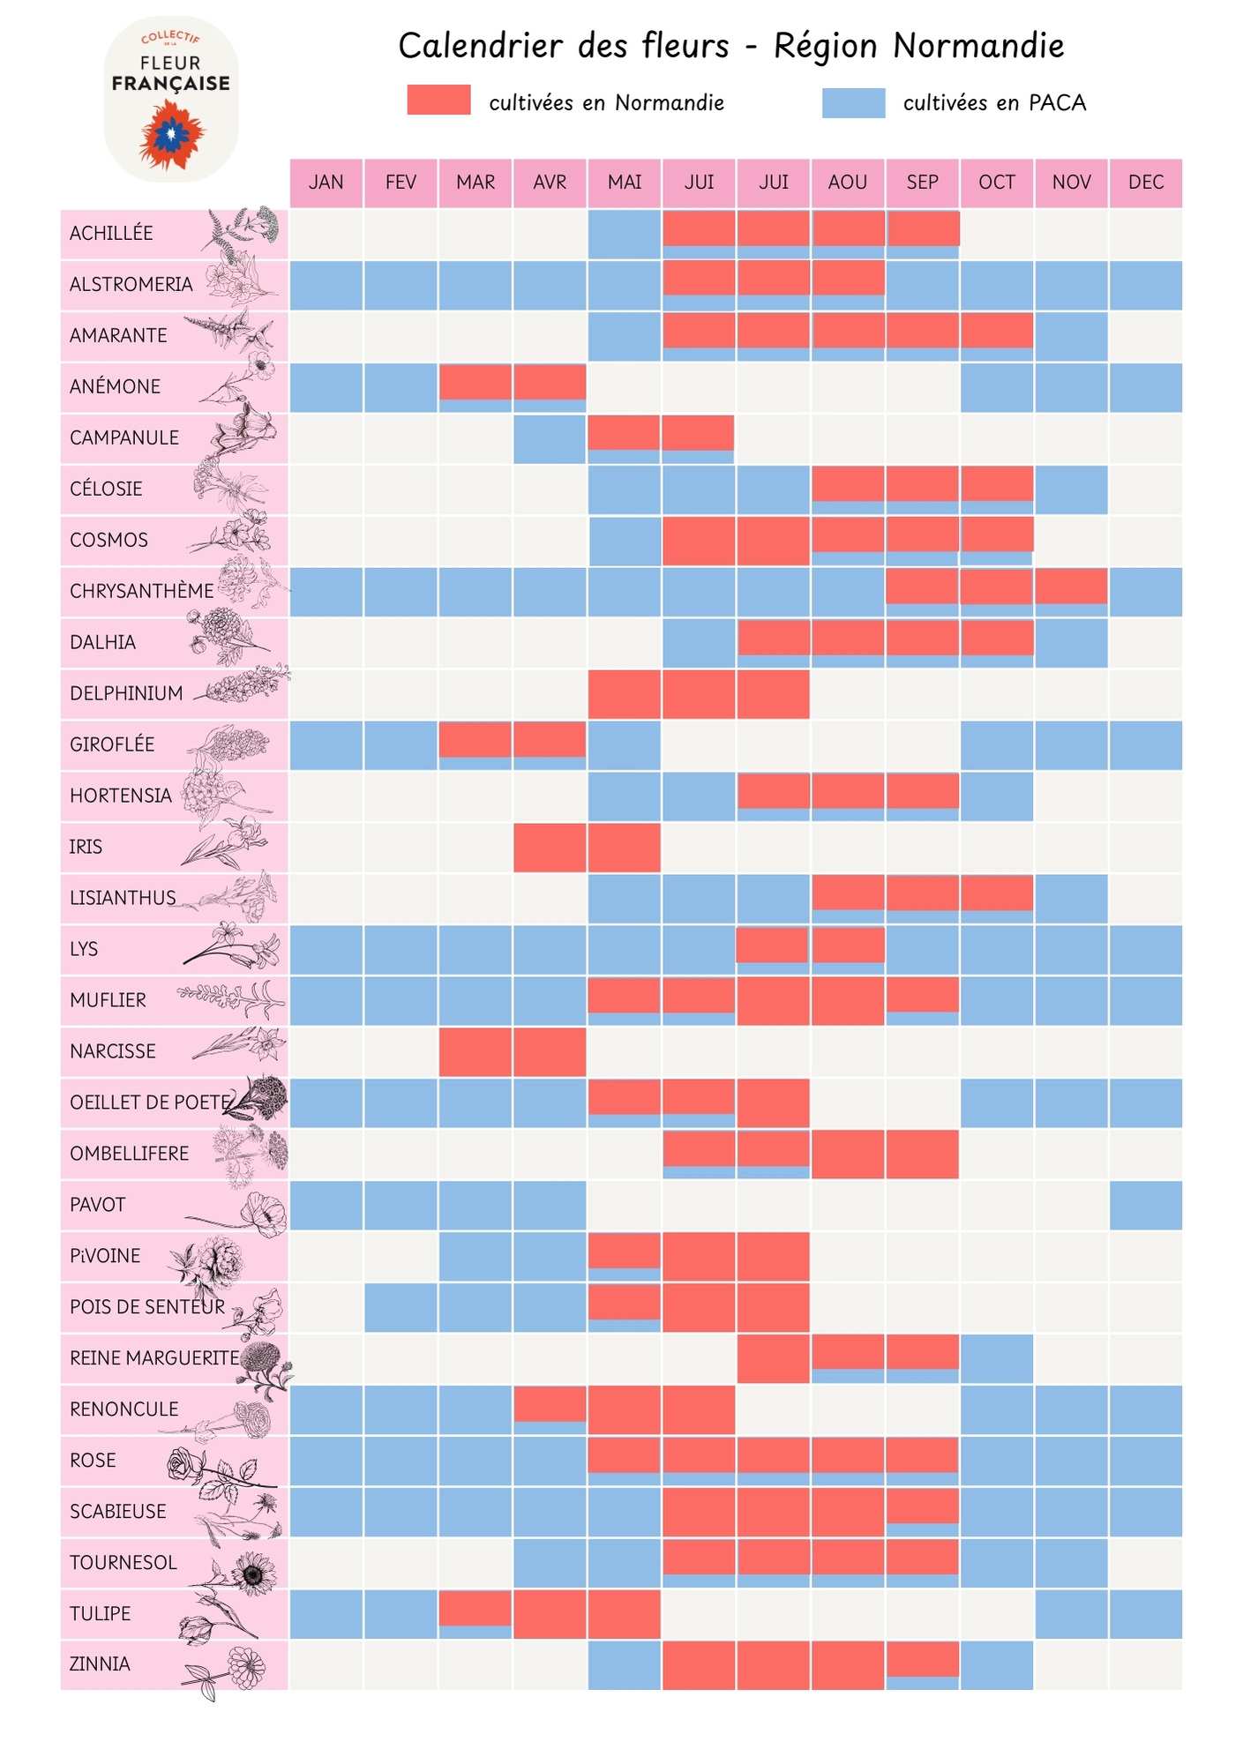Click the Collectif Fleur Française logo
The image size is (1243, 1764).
(x=171, y=99)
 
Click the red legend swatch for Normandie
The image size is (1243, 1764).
(x=438, y=100)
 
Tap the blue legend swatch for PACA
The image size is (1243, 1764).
(x=853, y=103)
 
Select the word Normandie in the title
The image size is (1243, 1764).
(x=979, y=46)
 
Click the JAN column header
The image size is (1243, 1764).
(x=326, y=183)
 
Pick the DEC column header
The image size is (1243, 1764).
(x=1145, y=183)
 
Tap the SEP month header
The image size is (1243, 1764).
(x=922, y=183)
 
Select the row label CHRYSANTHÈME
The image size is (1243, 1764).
(x=141, y=591)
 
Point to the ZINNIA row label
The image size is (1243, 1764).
(x=100, y=1664)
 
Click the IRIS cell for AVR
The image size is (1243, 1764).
(x=550, y=848)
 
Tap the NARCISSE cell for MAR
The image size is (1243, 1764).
(x=475, y=1051)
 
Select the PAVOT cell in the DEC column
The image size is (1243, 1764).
(x=1145, y=1205)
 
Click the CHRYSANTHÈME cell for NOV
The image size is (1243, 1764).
(x=1071, y=591)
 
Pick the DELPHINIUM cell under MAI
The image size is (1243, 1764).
(x=624, y=694)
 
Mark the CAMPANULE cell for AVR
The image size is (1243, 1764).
(x=550, y=438)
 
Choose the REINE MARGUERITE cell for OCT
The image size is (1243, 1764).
(x=997, y=1358)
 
